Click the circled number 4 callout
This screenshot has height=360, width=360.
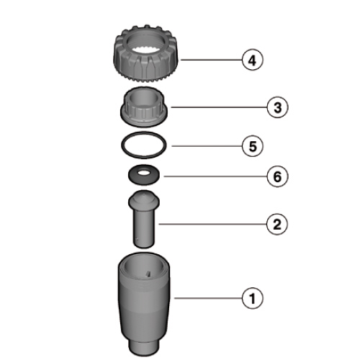pyautogui.click(x=252, y=60)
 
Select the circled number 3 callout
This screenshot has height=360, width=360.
pyautogui.click(x=277, y=107)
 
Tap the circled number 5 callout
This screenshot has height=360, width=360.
pyautogui.click(x=253, y=146)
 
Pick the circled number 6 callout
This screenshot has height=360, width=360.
pyautogui.click(x=277, y=176)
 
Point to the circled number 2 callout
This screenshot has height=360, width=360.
pyautogui.click(x=277, y=225)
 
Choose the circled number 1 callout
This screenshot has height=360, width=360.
pyautogui.click(x=253, y=298)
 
